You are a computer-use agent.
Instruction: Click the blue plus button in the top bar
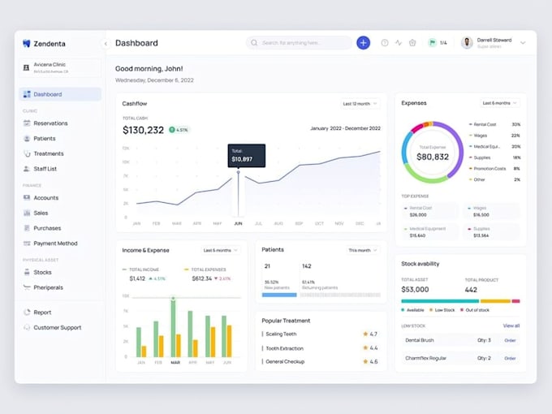pyautogui.click(x=363, y=43)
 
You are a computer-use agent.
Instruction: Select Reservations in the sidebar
pyautogui.click(x=50, y=123)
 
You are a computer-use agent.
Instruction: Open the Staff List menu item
pyautogui.click(x=45, y=169)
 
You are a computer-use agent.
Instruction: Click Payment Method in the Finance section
pyautogui.click(x=55, y=244)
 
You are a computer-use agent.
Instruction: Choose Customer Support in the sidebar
pyautogui.click(x=57, y=327)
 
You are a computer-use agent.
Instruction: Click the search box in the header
pyautogui.click(x=300, y=43)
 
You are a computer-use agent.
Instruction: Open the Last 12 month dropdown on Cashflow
pyautogui.click(x=360, y=104)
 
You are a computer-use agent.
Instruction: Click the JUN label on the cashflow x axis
pyautogui.click(x=238, y=223)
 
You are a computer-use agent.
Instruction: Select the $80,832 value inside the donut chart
pyautogui.click(x=432, y=157)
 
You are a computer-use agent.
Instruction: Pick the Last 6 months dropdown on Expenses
pyautogui.click(x=499, y=103)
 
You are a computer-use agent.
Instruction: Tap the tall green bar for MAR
pyautogui.click(x=172, y=329)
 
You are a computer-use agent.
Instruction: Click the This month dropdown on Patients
pyautogui.click(x=363, y=250)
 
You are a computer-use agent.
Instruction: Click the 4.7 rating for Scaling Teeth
pyautogui.click(x=370, y=334)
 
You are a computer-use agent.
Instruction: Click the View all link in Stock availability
pyautogui.click(x=511, y=326)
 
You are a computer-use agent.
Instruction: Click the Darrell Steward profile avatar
pyautogui.click(x=467, y=43)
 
